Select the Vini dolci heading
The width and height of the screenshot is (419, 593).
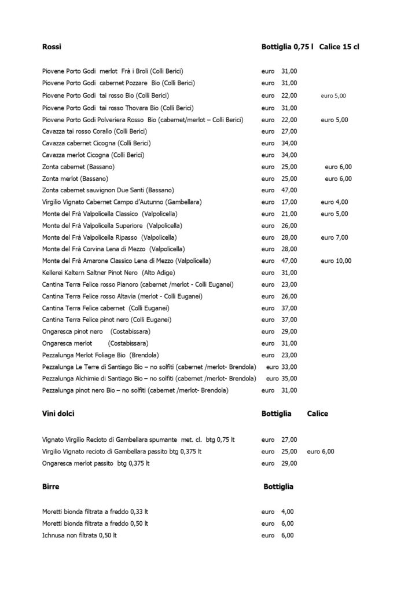pyautogui.click(x=58, y=413)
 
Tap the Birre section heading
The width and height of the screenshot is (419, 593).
pyautogui.click(x=51, y=486)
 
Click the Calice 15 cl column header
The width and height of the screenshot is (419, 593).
pyautogui.click(x=339, y=46)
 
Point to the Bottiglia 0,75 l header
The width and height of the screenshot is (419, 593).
pyautogui.click(x=287, y=46)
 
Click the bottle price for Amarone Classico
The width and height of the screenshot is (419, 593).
pyautogui.click(x=289, y=261)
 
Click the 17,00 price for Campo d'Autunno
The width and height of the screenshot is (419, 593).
pyautogui.click(x=289, y=202)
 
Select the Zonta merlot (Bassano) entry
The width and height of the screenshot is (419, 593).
pyautogui.click(x=75, y=178)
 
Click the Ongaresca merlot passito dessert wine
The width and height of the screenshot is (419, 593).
pyautogui.click(x=96, y=463)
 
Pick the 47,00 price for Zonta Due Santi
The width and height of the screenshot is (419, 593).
pyautogui.click(x=289, y=190)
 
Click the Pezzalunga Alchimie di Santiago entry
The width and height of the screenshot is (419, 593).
pyautogui.click(x=149, y=378)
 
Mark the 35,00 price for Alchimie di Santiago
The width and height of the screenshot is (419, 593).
pyautogui.click(x=289, y=378)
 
